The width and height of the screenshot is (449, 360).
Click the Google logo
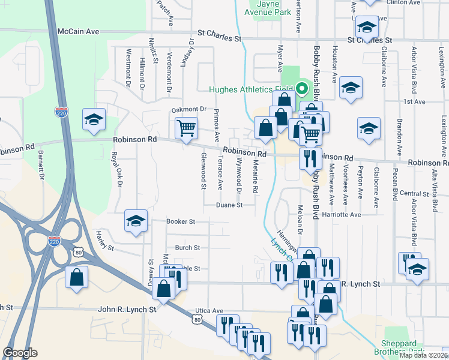coord(20,353)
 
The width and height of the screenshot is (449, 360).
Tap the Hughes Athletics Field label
coord(250,91)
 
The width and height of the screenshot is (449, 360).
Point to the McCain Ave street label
coord(78,31)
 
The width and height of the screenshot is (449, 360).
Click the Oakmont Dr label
coord(188,109)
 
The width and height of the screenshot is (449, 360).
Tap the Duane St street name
coord(229,205)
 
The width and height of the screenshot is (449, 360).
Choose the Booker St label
coord(181,221)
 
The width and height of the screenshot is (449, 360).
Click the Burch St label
coord(187,247)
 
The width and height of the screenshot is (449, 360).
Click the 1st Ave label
coord(414,102)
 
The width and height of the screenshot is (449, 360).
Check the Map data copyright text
coord(424,355)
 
